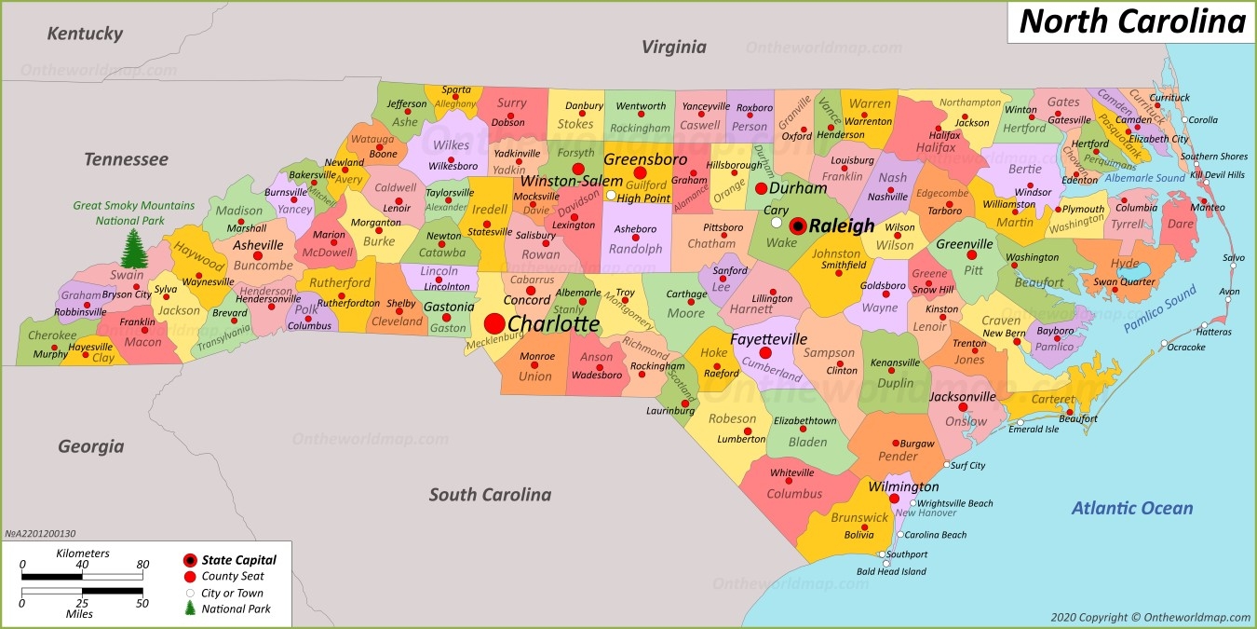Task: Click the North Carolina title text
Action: click(1131, 21)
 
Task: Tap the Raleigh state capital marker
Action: click(798, 226)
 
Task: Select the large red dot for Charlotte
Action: click(494, 323)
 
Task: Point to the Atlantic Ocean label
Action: click(1131, 508)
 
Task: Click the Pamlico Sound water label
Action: click(1159, 309)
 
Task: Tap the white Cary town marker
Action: click(776, 222)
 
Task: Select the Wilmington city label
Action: click(903, 486)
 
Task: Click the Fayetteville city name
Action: click(768, 339)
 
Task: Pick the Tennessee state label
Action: click(126, 159)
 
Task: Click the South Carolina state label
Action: click(490, 495)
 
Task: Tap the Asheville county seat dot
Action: click(258, 255)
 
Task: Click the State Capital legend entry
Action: click(238, 560)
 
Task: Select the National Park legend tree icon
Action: click(190, 608)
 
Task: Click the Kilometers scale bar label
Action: click(82, 554)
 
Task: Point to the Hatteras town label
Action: click(1213, 332)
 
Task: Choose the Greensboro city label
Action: click(644, 159)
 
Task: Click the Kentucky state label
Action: click(85, 34)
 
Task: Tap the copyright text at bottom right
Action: click(1150, 617)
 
